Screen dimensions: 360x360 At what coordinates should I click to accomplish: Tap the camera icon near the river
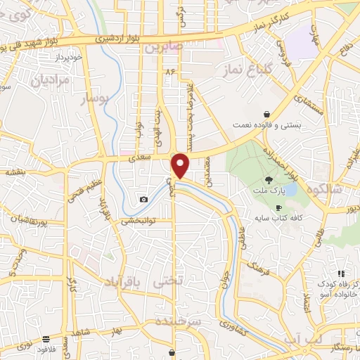(x=144, y=200)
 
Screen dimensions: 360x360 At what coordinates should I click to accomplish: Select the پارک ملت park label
(x=269, y=190)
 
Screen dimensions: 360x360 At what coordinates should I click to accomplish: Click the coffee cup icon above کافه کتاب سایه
(x=278, y=208)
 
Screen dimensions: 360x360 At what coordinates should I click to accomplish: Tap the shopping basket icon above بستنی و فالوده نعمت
(x=266, y=113)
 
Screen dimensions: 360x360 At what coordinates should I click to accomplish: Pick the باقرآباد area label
(x=122, y=283)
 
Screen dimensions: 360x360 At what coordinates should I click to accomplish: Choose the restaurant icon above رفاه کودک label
(x=341, y=274)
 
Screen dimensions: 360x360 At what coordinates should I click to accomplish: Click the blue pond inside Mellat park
(x=289, y=188)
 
